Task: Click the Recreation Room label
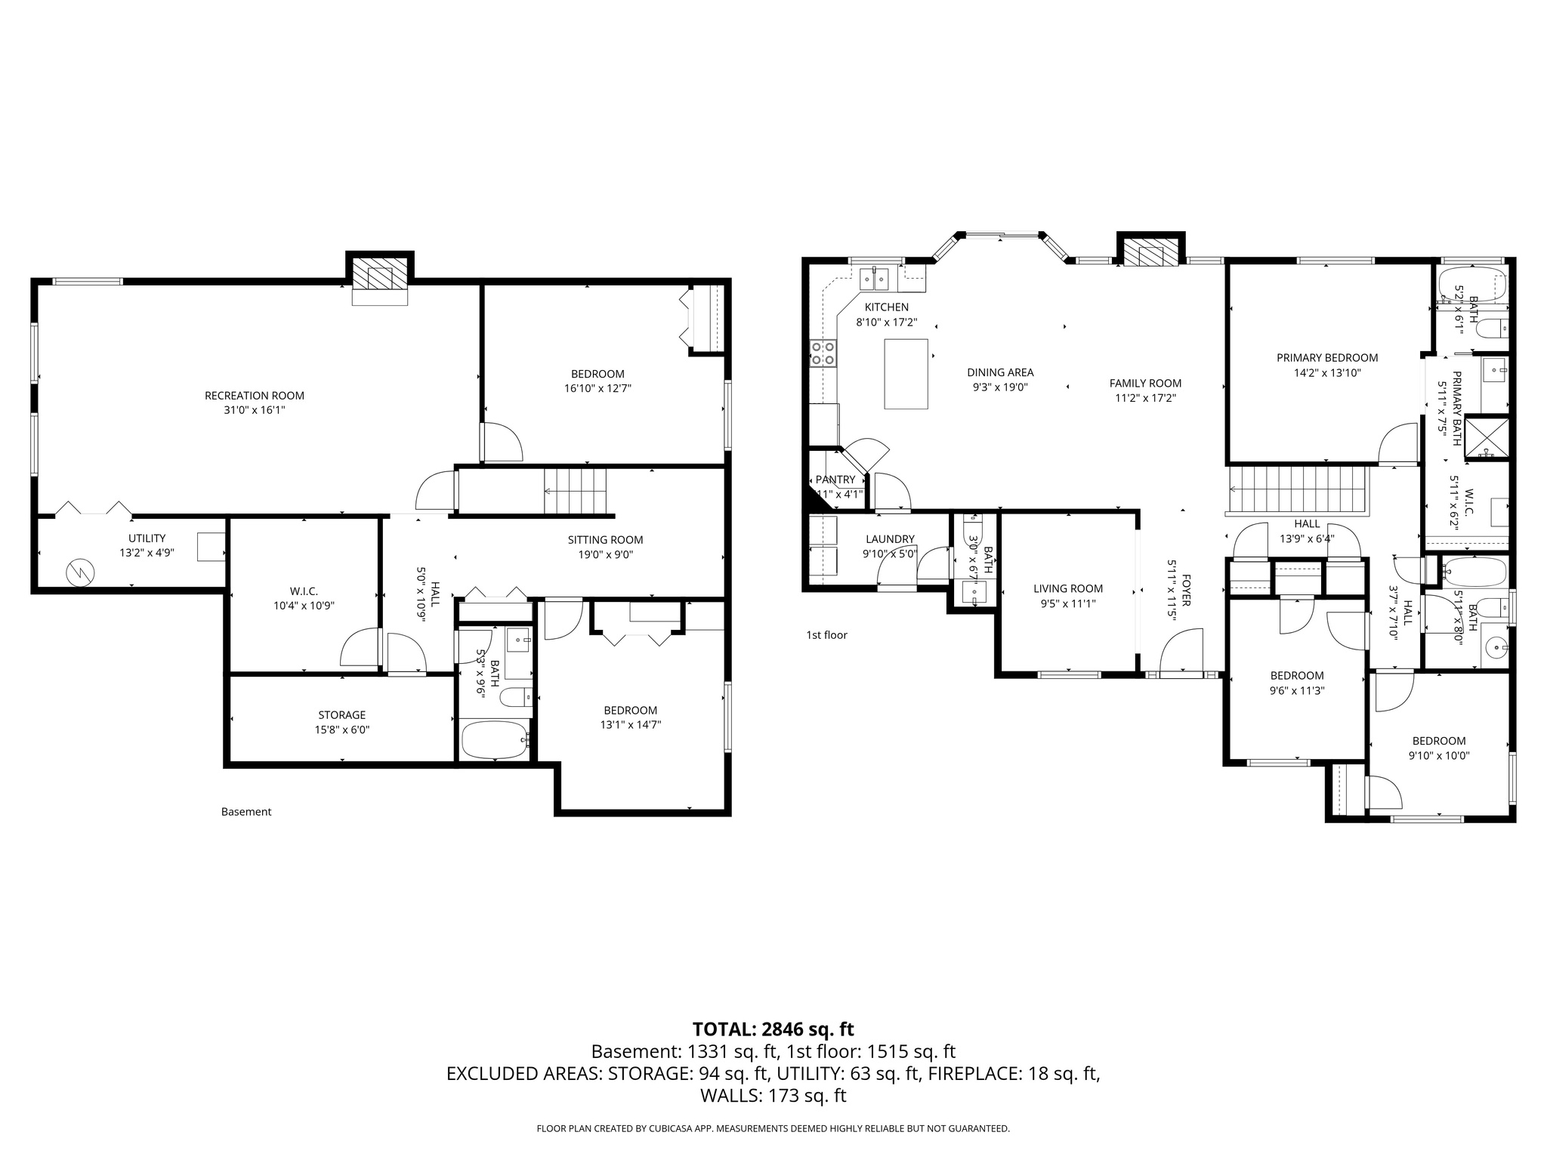pyautogui.click(x=255, y=395)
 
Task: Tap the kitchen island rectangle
pyautogui.click(x=906, y=374)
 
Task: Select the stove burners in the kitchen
pyautogui.click(x=823, y=353)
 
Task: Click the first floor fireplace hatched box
pyautogui.click(x=1150, y=255)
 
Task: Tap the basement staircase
pyautogui.click(x=576, y=490)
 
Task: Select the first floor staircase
pyautogui.click(x=1298, y=489)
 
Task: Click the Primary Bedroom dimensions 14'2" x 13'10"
pyautogui.click(x=1327, y=372)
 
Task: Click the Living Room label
pyautogui.click(x=1068, y=588)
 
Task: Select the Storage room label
pyautogui.click(x=341, y=714)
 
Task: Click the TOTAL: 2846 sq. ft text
pyautogui.click(x=773, y=1029)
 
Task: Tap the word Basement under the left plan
pyautogui.click(x=246, y=812)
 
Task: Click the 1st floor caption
pyautogui.click(x=826, y=634)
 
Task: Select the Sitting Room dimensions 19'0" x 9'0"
pyautogui.click(x=605, y=554)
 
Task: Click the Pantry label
pyautogui.click(x=835, y=480)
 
